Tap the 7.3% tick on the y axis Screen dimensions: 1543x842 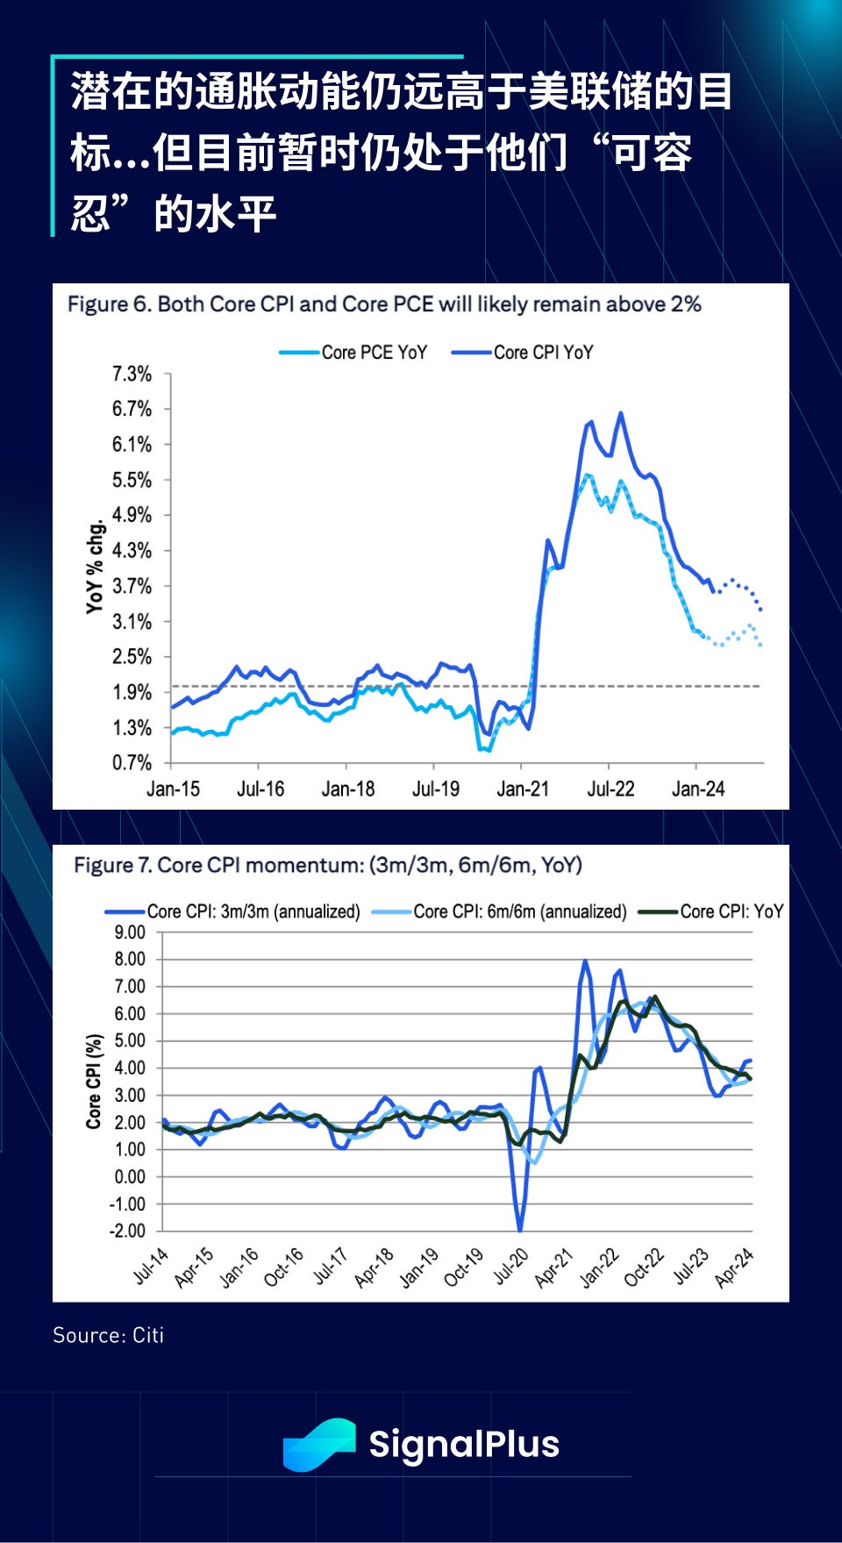pos(132,375)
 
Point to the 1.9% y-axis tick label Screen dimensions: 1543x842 pos(132,692)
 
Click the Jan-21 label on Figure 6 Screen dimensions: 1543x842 pos(523,789)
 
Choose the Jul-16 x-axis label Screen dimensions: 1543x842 pos(260,789)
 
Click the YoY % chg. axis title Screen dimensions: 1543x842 pos(95,567)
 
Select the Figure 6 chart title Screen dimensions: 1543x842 pos(384,304)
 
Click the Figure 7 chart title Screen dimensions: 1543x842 pos(328,866)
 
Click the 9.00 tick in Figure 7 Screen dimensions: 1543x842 pos(130,932)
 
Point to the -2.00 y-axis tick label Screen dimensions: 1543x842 pos(128,1231)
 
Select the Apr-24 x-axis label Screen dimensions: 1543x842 pos(734,1268)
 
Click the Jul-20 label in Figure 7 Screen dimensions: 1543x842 pos(510,1268)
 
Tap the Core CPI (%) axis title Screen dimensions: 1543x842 pos(94,1081)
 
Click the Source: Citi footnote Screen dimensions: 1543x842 pos(109,1335)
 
